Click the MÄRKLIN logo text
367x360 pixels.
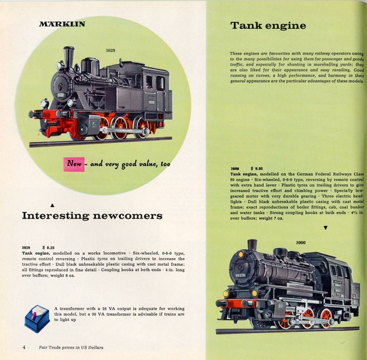tap(62, 25)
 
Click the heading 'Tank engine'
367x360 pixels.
tap(268, 26)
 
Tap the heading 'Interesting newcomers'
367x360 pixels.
tap(92, 215)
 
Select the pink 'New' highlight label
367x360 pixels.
tap(74, 163)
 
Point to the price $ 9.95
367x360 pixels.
tap(257, 169)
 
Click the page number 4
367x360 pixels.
tap(24, 347)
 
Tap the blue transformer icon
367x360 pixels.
tap(36, 317)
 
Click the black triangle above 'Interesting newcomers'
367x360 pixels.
tap(52, 205)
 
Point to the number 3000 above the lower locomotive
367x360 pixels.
tap(301, 242)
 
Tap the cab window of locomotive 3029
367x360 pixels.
tap(149, 82)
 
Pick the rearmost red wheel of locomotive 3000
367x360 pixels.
tap(326, 316)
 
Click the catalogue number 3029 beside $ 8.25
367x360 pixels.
tap(26, 247)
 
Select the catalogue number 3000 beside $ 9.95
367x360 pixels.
tap(236, 169)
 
